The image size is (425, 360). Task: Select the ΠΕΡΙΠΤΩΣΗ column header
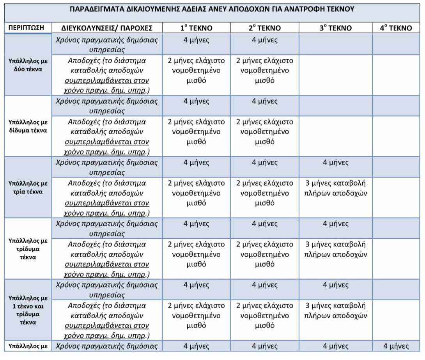coord(28,28)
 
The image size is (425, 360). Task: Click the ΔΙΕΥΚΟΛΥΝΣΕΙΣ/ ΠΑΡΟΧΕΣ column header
coord(107,28)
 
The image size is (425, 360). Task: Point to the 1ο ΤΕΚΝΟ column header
coord(196,28)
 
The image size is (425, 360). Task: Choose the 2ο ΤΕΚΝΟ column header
coord(264,28)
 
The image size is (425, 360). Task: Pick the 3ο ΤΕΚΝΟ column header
coord(335,28)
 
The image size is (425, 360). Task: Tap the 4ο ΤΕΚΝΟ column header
coord(396,28)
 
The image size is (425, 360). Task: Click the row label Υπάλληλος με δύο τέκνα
coord(28,65)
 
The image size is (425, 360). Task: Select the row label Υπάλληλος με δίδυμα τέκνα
coord(28,126)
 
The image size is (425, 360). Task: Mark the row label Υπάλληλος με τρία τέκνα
coord(28,187)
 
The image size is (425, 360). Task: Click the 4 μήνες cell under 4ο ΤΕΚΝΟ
coord(396,346)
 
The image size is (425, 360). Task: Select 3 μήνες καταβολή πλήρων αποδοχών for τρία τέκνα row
coord(335,188)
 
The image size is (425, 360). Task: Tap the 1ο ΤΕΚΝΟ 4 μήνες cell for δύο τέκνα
coord(196,40)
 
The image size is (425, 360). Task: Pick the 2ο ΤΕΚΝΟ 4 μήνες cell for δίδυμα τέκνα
coord(264,101)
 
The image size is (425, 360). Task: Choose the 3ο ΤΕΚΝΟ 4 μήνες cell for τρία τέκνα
coord(335,163)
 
